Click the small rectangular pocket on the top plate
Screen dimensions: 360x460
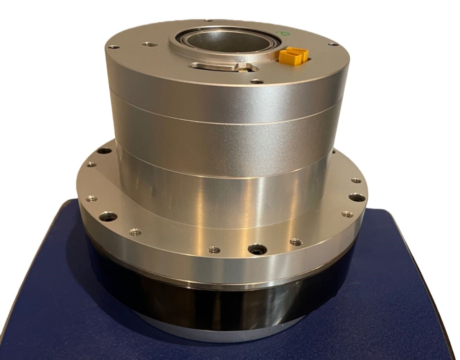pos(148,45)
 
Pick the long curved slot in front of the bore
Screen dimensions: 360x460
pos(212,66)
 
